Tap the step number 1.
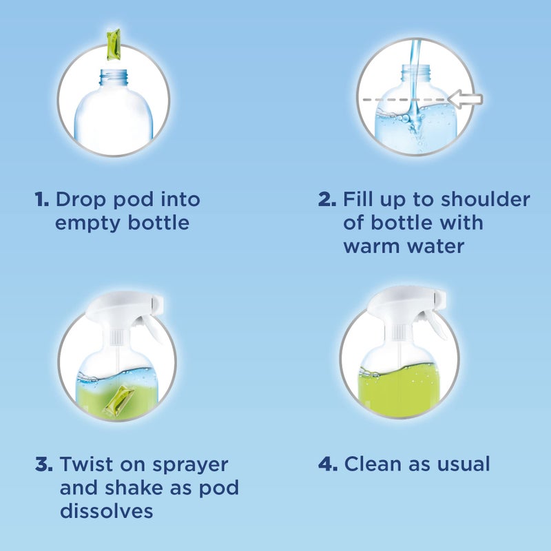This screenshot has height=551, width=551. pos(41,200)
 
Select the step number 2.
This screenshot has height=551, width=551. pos(326,200)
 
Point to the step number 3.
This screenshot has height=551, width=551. pos(43,464)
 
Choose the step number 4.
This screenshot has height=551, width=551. pos(327,464)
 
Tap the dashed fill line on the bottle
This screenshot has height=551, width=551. pos(399,100)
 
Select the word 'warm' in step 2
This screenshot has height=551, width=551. pos(377,246)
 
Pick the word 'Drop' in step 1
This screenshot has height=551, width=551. pos(79,200)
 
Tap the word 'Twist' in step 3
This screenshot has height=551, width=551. pos(85,464)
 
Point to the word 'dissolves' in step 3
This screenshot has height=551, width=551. pos(106,511)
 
